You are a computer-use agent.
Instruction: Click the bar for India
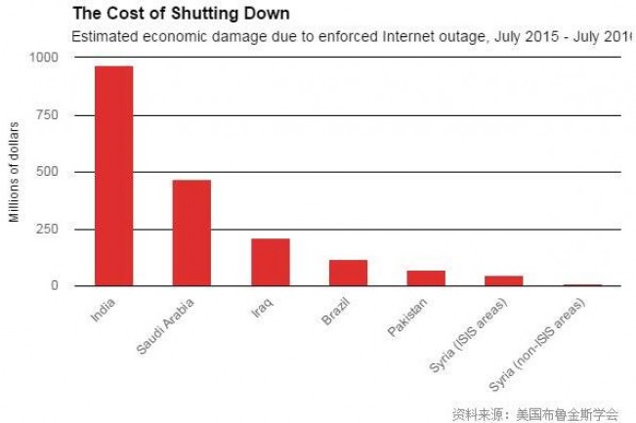pos(113,176)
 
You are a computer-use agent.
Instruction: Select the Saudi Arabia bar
pos(191,233)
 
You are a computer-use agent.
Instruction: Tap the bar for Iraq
pos(270,262)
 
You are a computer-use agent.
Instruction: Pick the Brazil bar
pos(348,273)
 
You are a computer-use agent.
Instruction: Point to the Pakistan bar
pos(426,277)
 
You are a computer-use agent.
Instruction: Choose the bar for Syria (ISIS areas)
pos(504,280)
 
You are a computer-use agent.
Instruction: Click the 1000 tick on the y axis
pos(42,58)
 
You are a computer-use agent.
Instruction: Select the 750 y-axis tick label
pos(46,115)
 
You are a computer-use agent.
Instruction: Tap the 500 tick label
pos(46,172)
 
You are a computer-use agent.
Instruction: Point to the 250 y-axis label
pos(46,229)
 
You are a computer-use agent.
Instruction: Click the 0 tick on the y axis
pos(55,286)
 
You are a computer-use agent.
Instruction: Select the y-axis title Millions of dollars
pos(15,172)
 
